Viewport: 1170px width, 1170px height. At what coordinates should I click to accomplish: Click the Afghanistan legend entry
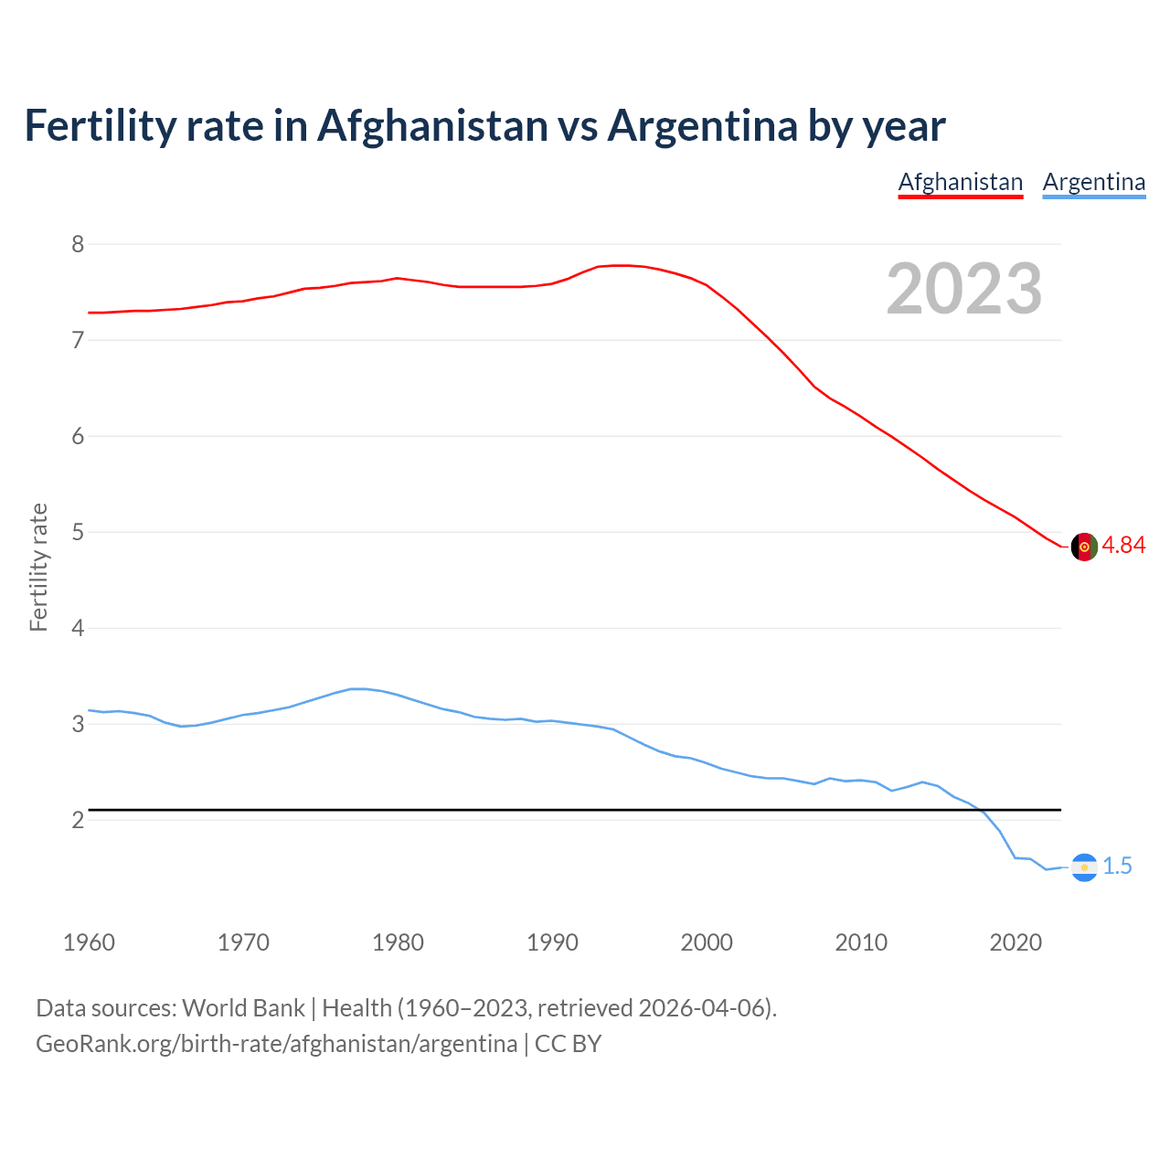[x=960, y=182]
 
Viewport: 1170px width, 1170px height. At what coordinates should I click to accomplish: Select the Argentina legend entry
[x=1093, y=182]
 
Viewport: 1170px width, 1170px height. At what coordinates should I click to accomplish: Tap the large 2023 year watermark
[x=964, y=289]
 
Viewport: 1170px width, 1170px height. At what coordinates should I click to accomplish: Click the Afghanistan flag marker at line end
[x=1084, y=547]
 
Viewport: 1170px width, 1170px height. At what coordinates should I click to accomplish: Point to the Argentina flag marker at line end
[x=1084, y=867]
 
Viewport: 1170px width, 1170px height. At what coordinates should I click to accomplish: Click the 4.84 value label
[x=1123, y=546]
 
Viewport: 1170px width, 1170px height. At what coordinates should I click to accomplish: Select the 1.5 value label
[x=1117, y=867]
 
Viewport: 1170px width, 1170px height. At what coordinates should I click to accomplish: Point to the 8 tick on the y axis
[x=78, y=244]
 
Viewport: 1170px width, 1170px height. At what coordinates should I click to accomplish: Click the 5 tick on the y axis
[x=78, y=532]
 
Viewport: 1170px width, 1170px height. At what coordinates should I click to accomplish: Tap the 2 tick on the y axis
[x=78, y=820]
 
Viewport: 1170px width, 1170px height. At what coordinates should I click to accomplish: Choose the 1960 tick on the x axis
[x=89, y=942]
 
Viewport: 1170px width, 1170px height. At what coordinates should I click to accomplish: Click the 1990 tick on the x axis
[x=552, y=942]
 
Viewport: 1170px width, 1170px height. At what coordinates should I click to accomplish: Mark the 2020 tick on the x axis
[x=1016, y=942]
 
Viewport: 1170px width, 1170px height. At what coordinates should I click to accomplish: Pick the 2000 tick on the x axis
[x=707, y=942]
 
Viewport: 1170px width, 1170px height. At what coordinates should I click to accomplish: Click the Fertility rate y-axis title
[x=38, y=567]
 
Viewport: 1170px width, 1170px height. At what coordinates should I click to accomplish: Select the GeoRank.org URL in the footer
[x=276, y=1044]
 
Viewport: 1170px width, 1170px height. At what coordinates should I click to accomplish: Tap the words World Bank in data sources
[x=243, y=1008]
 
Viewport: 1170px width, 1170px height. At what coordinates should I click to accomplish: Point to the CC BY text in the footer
[x=568, y=1044]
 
